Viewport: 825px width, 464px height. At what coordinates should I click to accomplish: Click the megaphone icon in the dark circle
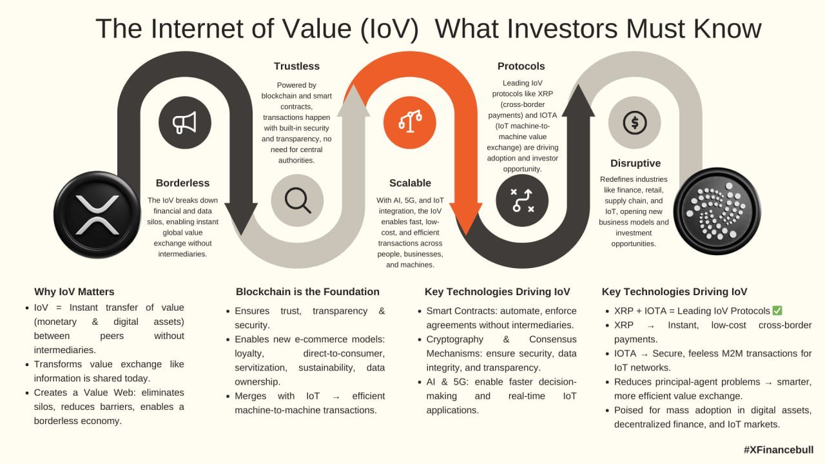pyautogui.click(x=184, y=122)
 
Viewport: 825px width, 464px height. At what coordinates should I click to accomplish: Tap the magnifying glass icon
pyautogui.click(x=298, y=200)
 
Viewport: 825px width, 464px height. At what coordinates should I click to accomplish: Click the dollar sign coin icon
pyautogui.click(x=635, y=122)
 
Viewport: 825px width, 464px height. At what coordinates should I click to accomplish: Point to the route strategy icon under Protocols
pyautogui.click(x=522, y=200)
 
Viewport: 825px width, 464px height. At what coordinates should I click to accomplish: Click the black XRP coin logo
pyautogui.click(x=97, y=215)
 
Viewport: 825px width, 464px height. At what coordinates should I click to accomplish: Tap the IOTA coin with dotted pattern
pyautogui.click(x=717, y=211)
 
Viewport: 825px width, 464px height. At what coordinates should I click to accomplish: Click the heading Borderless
pyautogui.click(x=182, y=183)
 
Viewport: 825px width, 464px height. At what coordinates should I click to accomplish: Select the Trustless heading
pyautogui.click(x=296, y=66)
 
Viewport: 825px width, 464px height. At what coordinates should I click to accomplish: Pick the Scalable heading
pyautogui.click(x=410, y=183)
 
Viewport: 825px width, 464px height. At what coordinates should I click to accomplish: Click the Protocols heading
pyautogui.click(x=521, y=66)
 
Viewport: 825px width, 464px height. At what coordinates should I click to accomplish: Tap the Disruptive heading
pyautogui.click(x=636, y=164)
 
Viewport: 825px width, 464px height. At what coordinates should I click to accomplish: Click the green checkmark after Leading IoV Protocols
pyautogui.click(x=777, y=311)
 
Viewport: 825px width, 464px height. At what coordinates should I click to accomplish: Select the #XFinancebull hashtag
pyautogui.click(x=778, y=450)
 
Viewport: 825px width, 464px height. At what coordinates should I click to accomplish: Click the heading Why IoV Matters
pyautogui.click(x=74, y=292)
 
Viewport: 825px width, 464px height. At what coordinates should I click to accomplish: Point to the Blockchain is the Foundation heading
pyautogui.click(x=307, y=292)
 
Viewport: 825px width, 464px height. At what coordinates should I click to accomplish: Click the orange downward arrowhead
pyautogui.click(x=466, y=218)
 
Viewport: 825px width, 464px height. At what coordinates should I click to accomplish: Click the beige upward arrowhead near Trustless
pyautogui.click(x=354, y=101)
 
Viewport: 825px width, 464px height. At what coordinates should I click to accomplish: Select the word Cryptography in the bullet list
pyautogui.click(x=455, y=340)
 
